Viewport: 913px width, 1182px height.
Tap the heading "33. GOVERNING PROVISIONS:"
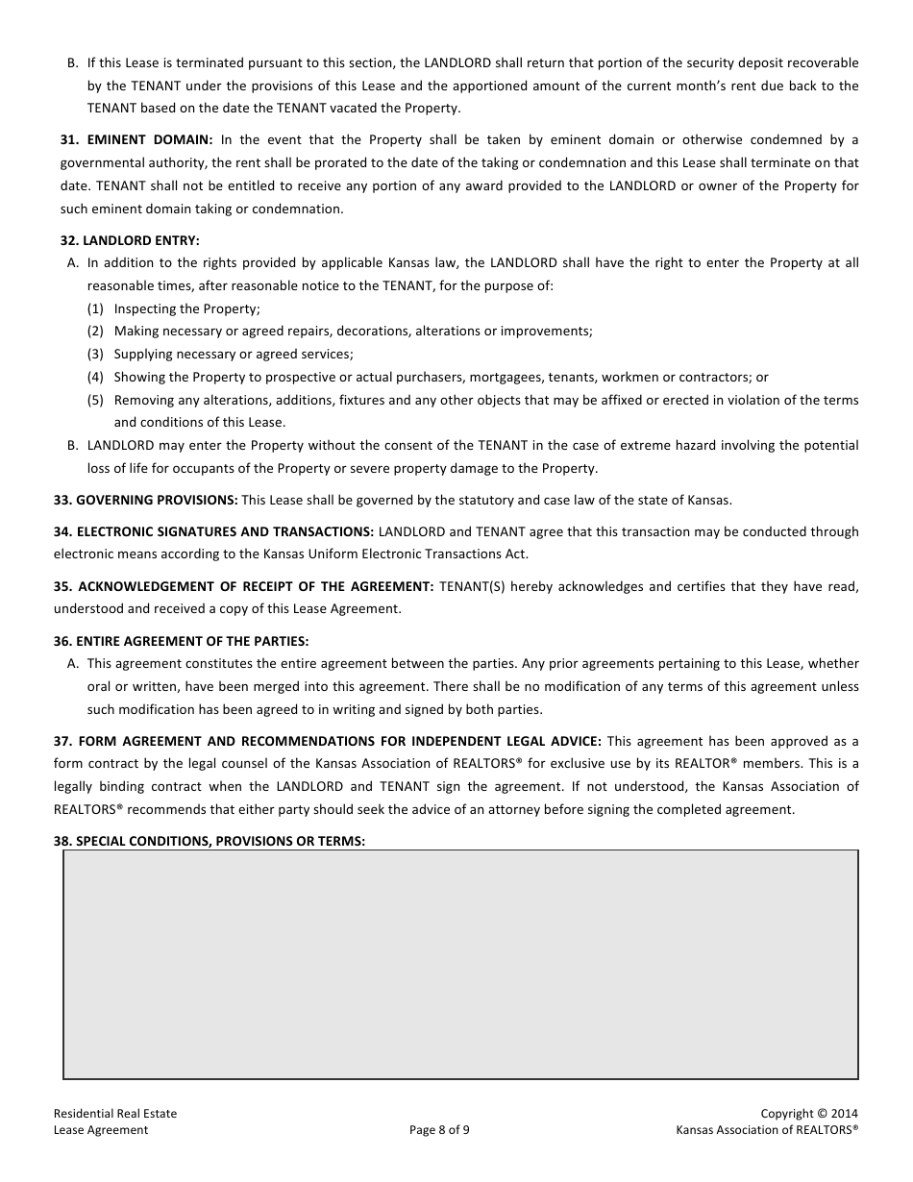click(145, 500)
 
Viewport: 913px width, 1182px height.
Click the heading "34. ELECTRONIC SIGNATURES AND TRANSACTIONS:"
click(213, 531)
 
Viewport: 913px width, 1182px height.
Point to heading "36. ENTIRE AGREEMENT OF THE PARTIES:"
click(181, 641)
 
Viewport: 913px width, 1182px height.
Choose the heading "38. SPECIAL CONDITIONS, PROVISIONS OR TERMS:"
click(210, 841)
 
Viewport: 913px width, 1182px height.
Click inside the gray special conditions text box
click(460, 964)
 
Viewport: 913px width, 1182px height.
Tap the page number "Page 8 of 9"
click(439, 1130)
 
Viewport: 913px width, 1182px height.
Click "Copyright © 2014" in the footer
click(809, 1114)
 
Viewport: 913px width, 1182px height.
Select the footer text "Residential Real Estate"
click(115, 1114)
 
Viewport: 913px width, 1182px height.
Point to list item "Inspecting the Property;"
click(187, 308)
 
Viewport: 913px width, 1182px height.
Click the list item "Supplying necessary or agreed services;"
click(234, 354)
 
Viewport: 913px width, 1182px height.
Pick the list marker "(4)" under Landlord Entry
click(95, 377)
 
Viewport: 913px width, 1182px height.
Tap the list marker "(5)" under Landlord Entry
click(95, 400)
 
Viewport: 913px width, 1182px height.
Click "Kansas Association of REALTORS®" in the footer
click(767, 1130)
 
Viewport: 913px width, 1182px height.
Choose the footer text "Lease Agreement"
click(101, 1130)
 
